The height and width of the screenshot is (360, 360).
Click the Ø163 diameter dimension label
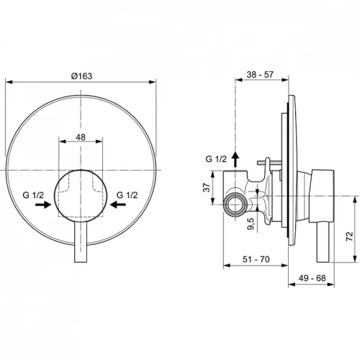click(x=81, y=76)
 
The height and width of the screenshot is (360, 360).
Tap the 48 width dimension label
click(x=81, y=138)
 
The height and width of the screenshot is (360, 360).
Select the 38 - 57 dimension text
click(x=260, y=75)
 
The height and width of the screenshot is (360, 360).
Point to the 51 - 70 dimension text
click(x=256, y=259)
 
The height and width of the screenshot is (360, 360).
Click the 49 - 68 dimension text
click(x=312, y=278)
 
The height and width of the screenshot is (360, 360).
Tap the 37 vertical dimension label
click(x=207, y=187)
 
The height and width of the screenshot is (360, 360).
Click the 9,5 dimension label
click(x=251, y=224)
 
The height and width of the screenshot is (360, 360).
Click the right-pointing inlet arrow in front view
click(x=43, y=204)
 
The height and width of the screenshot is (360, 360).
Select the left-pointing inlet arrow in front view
click(x=118, y=204)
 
